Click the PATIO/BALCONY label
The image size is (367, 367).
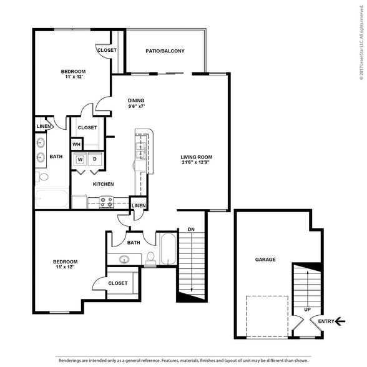[165, 51]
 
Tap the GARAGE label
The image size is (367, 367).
[265, 260]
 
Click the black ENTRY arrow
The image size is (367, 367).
[340, 321]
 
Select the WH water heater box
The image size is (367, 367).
[76, 144]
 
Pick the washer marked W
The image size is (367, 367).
[81, 160]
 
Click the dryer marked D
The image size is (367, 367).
[95, 159]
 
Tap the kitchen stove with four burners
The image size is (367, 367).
[106, 202]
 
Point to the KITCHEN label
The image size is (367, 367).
[104, 185]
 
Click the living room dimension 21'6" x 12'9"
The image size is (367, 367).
[195, 162]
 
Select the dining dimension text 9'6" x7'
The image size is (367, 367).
[137, 106]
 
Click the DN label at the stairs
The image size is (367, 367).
[191, 230]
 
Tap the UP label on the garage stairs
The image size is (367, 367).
[307, 310]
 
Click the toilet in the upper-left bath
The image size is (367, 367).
[42, 177]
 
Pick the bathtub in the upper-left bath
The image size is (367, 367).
[52, 198]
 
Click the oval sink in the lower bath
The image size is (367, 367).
[124, 260]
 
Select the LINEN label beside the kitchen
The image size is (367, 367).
[139, 206]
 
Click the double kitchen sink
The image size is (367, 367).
[140, 150]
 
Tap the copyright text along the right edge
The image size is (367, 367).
[361, 42]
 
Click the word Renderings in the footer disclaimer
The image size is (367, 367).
[70, 361]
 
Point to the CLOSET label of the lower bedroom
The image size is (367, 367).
[118, 283]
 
